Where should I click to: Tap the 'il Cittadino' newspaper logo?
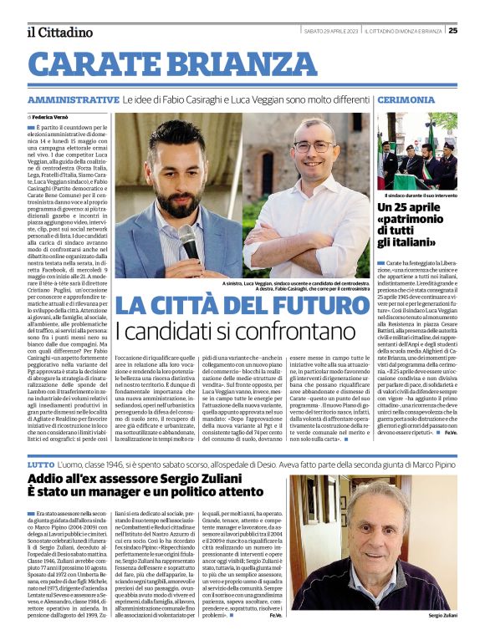point(59,32)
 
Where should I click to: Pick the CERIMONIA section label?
point(406,99)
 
